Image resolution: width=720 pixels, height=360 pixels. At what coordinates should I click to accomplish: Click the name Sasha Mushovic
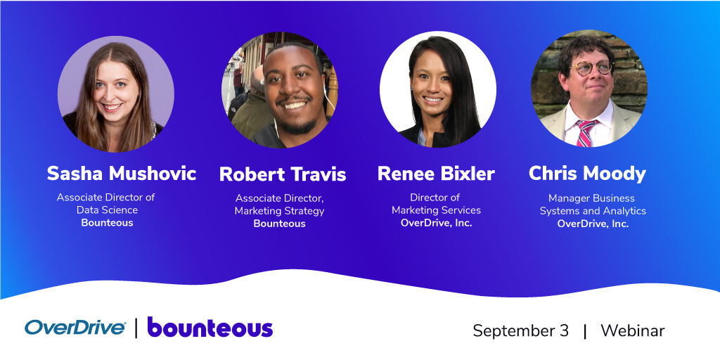[122, 174]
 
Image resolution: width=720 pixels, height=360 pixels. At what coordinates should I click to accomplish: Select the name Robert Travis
[283, 174]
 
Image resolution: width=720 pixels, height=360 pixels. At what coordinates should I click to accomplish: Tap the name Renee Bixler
[436, 174]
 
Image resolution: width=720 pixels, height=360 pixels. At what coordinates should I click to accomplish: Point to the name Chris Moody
[587, 174]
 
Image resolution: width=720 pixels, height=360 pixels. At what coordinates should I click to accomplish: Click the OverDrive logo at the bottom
[75, 328]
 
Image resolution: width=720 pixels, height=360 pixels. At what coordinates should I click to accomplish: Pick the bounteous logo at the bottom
[210, 327]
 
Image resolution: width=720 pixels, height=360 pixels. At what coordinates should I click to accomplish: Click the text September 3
[521, 330]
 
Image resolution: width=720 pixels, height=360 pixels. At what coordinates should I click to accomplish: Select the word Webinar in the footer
[633, 330]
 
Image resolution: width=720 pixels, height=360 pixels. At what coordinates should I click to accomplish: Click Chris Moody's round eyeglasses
[591, 68]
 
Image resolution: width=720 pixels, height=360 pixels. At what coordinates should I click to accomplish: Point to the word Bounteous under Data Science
[107, 223]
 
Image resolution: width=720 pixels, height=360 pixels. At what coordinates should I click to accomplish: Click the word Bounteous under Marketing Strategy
[279, 224]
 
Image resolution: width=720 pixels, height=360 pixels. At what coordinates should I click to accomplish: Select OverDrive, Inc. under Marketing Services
[436, 223]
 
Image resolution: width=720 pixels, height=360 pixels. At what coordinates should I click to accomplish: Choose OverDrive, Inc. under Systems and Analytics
[593, 224]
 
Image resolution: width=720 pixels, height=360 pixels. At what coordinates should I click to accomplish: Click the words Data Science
[107, 210]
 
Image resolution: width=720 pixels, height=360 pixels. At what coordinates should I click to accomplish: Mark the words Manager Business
[592, 198]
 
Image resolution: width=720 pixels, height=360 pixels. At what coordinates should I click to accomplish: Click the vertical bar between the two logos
[136, 328]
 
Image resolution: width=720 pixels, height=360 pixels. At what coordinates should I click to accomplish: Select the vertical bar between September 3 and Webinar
[584, 331]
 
